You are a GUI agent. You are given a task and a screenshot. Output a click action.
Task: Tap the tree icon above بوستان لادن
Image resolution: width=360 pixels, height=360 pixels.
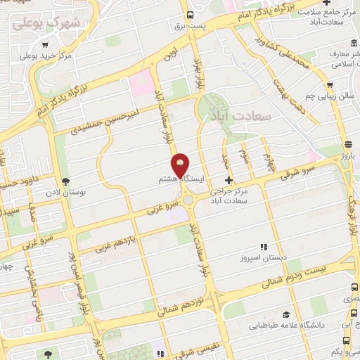[66, 180]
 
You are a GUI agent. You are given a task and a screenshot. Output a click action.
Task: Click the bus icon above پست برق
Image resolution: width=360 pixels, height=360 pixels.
[190, 15]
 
